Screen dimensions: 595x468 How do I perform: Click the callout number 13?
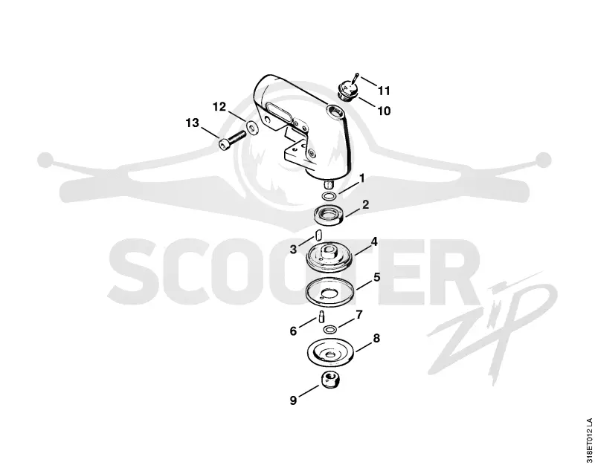point(192,123)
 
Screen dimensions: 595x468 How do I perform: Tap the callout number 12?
point(219,107)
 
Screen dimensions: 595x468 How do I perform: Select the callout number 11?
point(384,91)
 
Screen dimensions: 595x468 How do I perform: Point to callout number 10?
point(384,111)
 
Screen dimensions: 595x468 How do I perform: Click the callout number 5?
point(376,277)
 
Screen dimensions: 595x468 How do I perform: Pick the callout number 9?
point(293,400)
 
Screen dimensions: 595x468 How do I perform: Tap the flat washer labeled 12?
point(251,128)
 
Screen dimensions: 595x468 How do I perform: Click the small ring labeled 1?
point(329,196)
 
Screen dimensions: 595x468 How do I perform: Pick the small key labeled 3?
point(318,236)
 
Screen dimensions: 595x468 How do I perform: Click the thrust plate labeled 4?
point(329,257)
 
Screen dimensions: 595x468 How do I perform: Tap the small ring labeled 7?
point(329,328)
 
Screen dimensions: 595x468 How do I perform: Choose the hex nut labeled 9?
point(330,380)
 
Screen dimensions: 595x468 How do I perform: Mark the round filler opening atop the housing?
point(334,111)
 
